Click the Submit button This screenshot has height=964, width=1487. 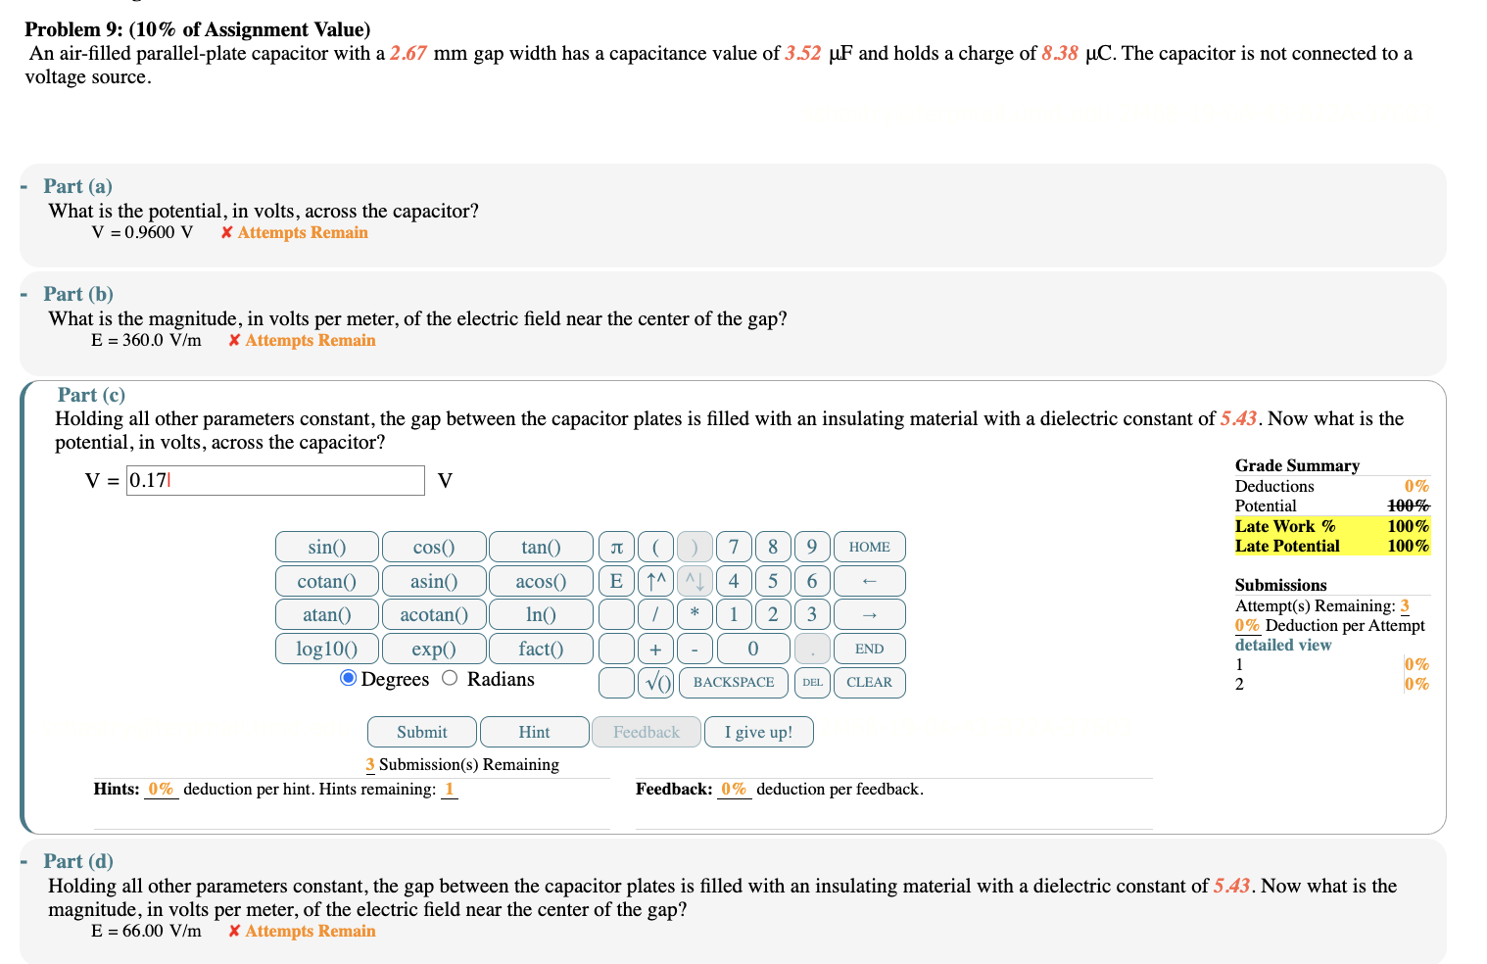pyautogui.click(x=421, y=732)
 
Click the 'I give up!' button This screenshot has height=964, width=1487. pyautogui.click(x=758, y=732)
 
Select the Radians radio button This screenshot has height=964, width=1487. pyautogui.click(x=450, y=678)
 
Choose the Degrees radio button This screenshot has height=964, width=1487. pyautogui.click(x=348, y=678)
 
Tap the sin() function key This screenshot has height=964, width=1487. pyautogui.click(x=326, y=547)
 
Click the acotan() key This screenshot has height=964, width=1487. pyautogui.click(x=434, y=614)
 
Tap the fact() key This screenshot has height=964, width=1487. pyautogui.click(x=541, y=649)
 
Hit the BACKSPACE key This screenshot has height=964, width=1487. pyautogui.click(x=734, y=682)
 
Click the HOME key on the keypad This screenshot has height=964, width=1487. pyautogui.click(x=869, y=547)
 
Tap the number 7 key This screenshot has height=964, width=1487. pyautogui.click(x=734, y=547)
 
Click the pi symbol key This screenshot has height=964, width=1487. pyautogui.click(x=616, y=547)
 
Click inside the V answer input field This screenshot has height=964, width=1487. pyautogui.click(x=275, y=480)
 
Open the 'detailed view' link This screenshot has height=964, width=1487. pyautogui.click(x=1283, y=645)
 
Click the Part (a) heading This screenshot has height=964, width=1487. pyautogui.click(x=77, y=186)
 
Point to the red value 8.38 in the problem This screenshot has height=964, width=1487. pyautogui.click(x=1060, y=53)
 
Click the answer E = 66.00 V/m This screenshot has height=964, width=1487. pyautogui.click(x=147, y=931)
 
